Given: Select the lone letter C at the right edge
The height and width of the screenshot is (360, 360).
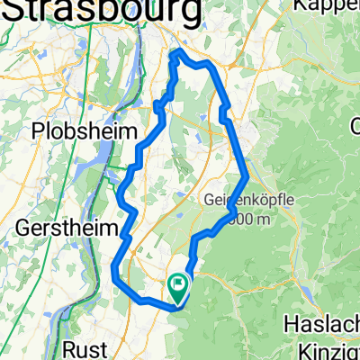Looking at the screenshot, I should pyautogui.click(x=355, y=130).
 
